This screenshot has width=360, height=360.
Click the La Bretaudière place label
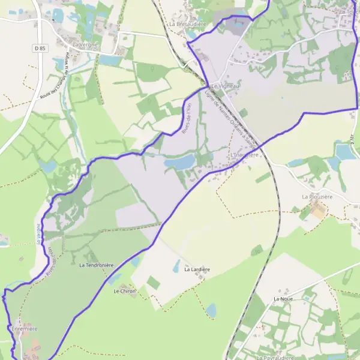pyautogui.click(x=188, y=23)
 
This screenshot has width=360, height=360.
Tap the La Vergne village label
pyautogui.click(x=85, y=44)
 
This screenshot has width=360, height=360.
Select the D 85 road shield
pyautogui.click(x=40, y=47)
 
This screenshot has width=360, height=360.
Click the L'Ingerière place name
pyautogui.click(x=244, y=154)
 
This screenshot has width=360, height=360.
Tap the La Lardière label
pyautogui.click(x=197, y=269)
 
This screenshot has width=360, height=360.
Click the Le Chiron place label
pyautogui.click(x=125, y=291)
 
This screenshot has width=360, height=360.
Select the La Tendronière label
pyautogui.click(x=96, y=264)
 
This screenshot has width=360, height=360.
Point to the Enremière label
pyautogui.click(x=24, y=329)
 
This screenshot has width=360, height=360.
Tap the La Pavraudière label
pyautogui.click(x=277, y=357)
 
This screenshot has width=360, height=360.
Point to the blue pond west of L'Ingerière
pyautogui.click(x=180, y=161)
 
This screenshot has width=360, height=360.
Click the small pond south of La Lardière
pyautogui.click(x=211, y=310)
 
